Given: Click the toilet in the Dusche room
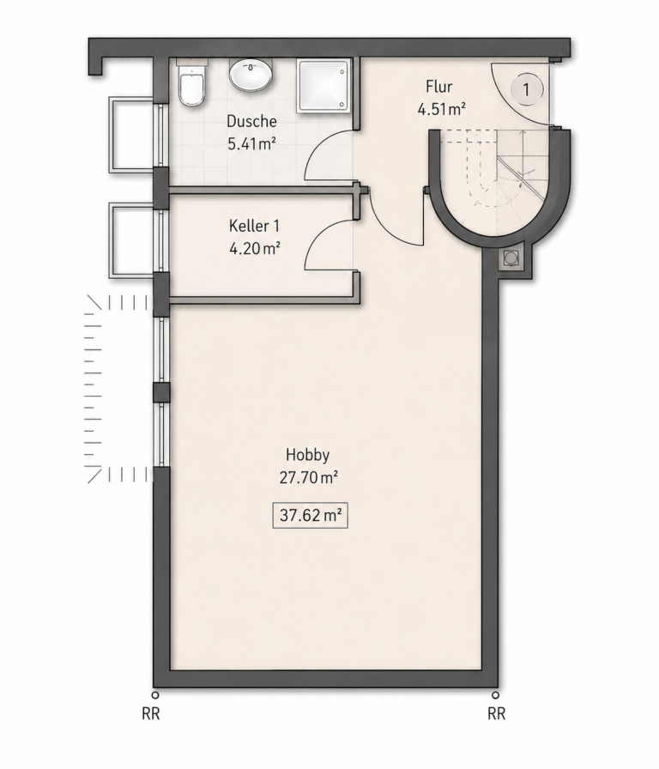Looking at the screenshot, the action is click(191, 83).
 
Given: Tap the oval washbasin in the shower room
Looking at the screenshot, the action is click(251, 76).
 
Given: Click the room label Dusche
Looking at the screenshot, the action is click(251, 121).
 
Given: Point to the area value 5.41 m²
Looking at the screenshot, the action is click(251, 143).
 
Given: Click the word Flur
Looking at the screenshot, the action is click(438, 87).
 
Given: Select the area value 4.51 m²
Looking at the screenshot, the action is click(441, 109).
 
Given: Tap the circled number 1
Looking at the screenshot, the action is click(527, 90).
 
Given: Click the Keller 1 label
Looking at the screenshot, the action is click(254, 226).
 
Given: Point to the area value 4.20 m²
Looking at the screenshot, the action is click(255, 249).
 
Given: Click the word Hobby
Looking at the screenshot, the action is click(307, 455).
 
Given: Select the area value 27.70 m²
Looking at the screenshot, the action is click(308, 477).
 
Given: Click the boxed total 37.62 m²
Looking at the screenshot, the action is click(310, 516).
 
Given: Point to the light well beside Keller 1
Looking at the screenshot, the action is click(132, 240).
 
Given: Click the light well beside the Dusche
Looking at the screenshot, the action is click(132, 135).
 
